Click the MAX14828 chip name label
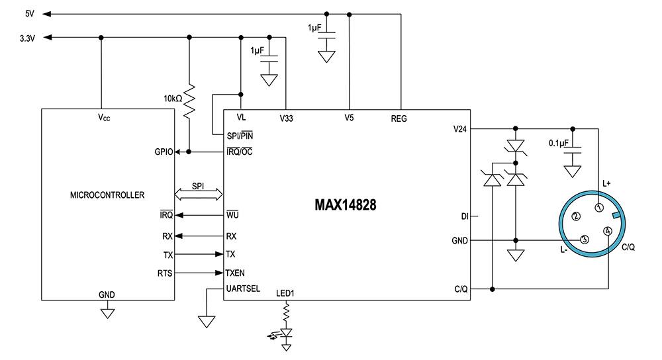coord(346,205)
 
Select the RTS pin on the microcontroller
coord(165,272)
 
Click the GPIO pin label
coord(164,152)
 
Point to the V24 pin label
coord(459,128)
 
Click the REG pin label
coord(399,119)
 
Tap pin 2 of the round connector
coord(576,216)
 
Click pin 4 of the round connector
coord(607,230)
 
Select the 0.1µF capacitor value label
coord(560,143)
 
